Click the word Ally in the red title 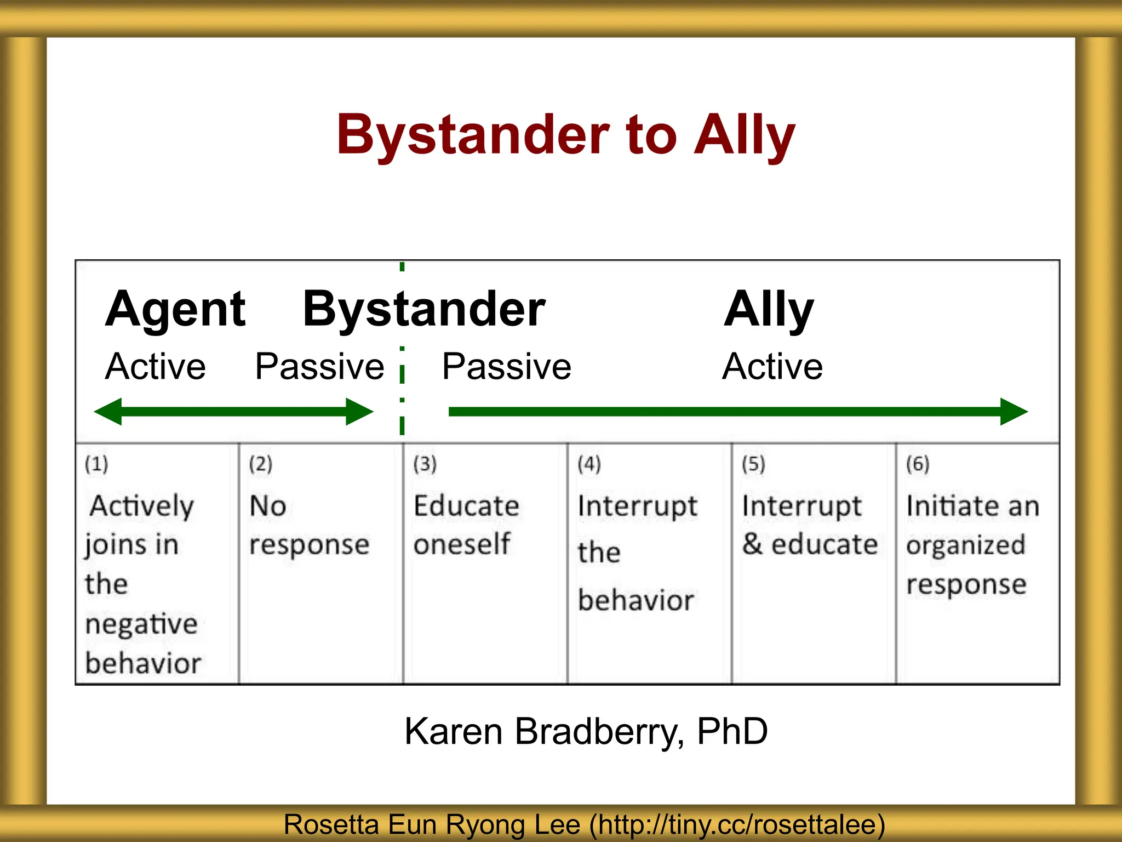[744, 135]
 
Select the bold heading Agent [175, 310]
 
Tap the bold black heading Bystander [423, 310]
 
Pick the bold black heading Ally [768, 310]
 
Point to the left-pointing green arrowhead [108, 412]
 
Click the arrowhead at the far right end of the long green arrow [1014, 412]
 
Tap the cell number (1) [96, 464]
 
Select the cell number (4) [589, 464]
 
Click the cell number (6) [918, 464]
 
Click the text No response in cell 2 [308, 525]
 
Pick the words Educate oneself [466, 525]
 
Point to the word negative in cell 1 [141, 624]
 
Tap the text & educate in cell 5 [810, 544]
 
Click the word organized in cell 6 [965, 545]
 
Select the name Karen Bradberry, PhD [586, 732]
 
